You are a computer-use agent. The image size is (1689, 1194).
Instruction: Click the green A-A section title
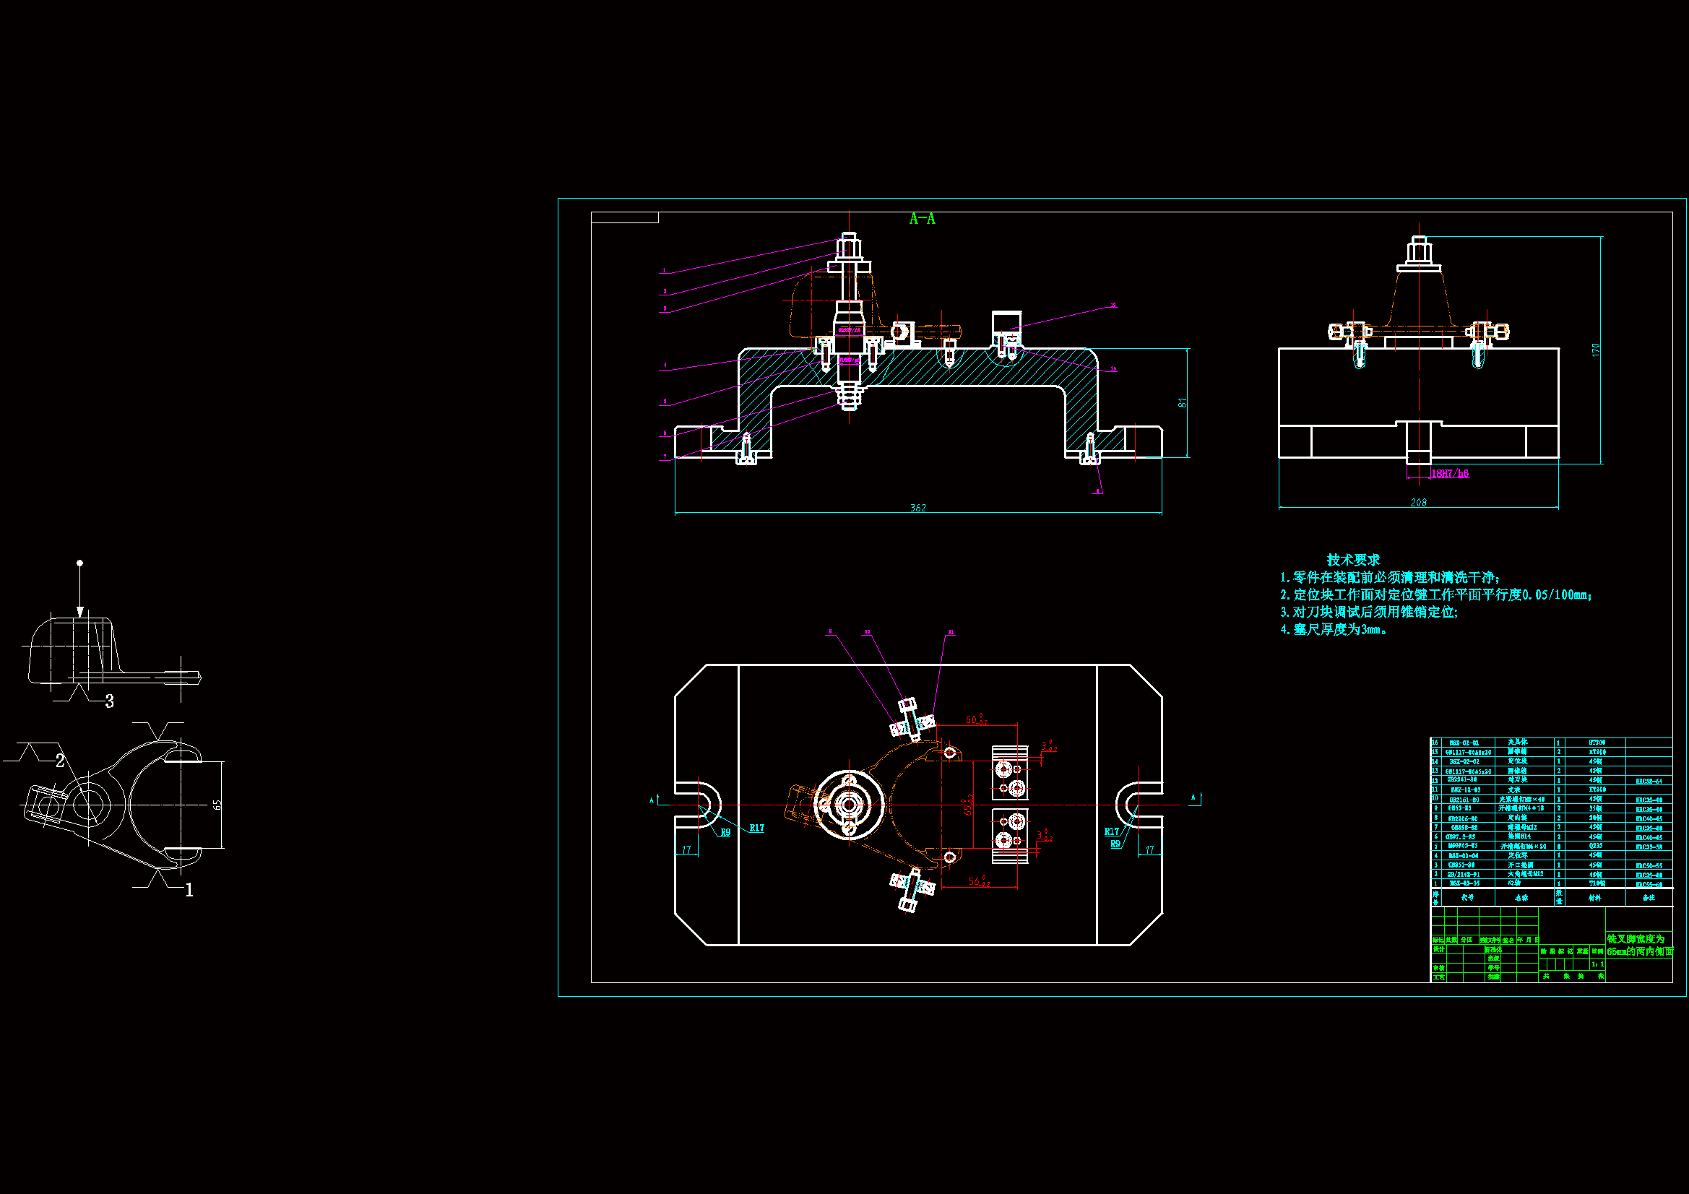point(922,218)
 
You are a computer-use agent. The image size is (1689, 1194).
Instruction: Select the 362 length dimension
point(918,508)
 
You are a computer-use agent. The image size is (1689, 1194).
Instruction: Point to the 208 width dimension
point(1418,503)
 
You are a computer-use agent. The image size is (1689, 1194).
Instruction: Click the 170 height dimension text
point(1596,350)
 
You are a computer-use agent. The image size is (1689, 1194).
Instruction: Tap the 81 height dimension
point(1182,402)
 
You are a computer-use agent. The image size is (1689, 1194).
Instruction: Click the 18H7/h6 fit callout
point(1449,474)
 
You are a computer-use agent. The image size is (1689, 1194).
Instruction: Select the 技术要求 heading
point(1353,560)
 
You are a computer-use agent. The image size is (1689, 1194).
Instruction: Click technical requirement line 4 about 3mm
point(1333,629)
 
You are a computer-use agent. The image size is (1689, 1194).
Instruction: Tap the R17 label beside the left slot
point(757,828)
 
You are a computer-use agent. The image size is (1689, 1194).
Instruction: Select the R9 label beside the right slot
point(1115,844)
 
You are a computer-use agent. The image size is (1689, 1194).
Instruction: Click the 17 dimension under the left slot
point(686,849)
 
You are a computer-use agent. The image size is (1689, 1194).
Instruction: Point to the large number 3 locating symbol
point(110,701)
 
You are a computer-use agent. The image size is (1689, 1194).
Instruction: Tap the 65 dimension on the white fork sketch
point(217,805)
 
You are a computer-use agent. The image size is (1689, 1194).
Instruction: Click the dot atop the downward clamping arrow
point(80,563)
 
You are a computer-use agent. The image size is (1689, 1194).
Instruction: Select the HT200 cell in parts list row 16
point(1597,743)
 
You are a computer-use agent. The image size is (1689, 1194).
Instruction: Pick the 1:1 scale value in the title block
point(1597,964)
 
